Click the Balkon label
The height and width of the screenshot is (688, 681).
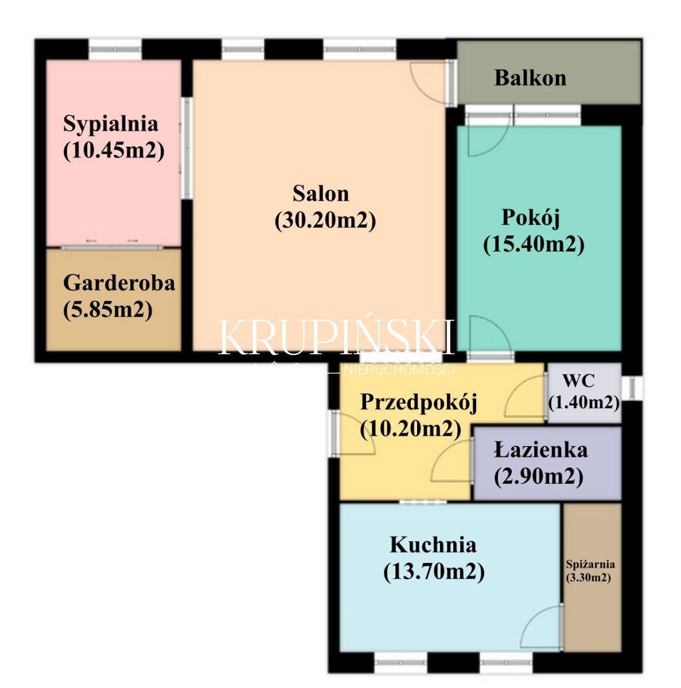pyautogui.click(x=530, y=78)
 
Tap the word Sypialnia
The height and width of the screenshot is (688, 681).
pyautogui.click(x=110, y=124)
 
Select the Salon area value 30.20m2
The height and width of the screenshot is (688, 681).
pyautogui.click(x=325, y=220)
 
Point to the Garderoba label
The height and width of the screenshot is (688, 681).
pyautogui.click(x=119, y=283)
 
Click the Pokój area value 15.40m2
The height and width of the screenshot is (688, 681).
pyautogui.click(x=534, y=245)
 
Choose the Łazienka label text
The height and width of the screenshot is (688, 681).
pyautogui.click(x=540, y=450)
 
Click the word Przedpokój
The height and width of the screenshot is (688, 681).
pyautogui.click(x=419, y=402)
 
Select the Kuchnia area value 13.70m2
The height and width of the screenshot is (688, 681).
pyautogui.click(x=434, y=572)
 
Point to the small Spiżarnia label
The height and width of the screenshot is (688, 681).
pyautogui.click(x=590, y=564)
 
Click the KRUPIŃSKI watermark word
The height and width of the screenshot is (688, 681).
pyautogui.click(x=336, y=337)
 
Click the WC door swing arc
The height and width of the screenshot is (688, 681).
pyautogui.click(x=524, y=392)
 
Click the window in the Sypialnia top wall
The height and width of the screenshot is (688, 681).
pyautogui.click(x=115, y=49)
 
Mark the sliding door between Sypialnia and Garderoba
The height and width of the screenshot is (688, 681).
pyautogui.click(x=112, y=247)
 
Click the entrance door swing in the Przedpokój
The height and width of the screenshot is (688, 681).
pyautogui.click(x=354, y=433)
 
